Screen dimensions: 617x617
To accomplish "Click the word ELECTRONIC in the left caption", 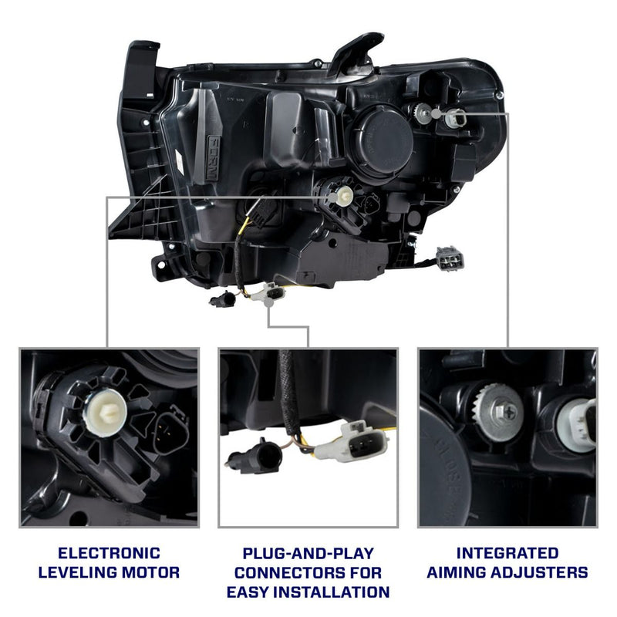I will [109, 553].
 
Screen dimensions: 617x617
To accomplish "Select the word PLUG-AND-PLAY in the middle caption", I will [308, 553].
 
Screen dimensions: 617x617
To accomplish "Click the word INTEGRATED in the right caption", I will [507, 553].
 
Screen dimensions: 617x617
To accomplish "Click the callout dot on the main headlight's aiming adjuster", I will [438, 113].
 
